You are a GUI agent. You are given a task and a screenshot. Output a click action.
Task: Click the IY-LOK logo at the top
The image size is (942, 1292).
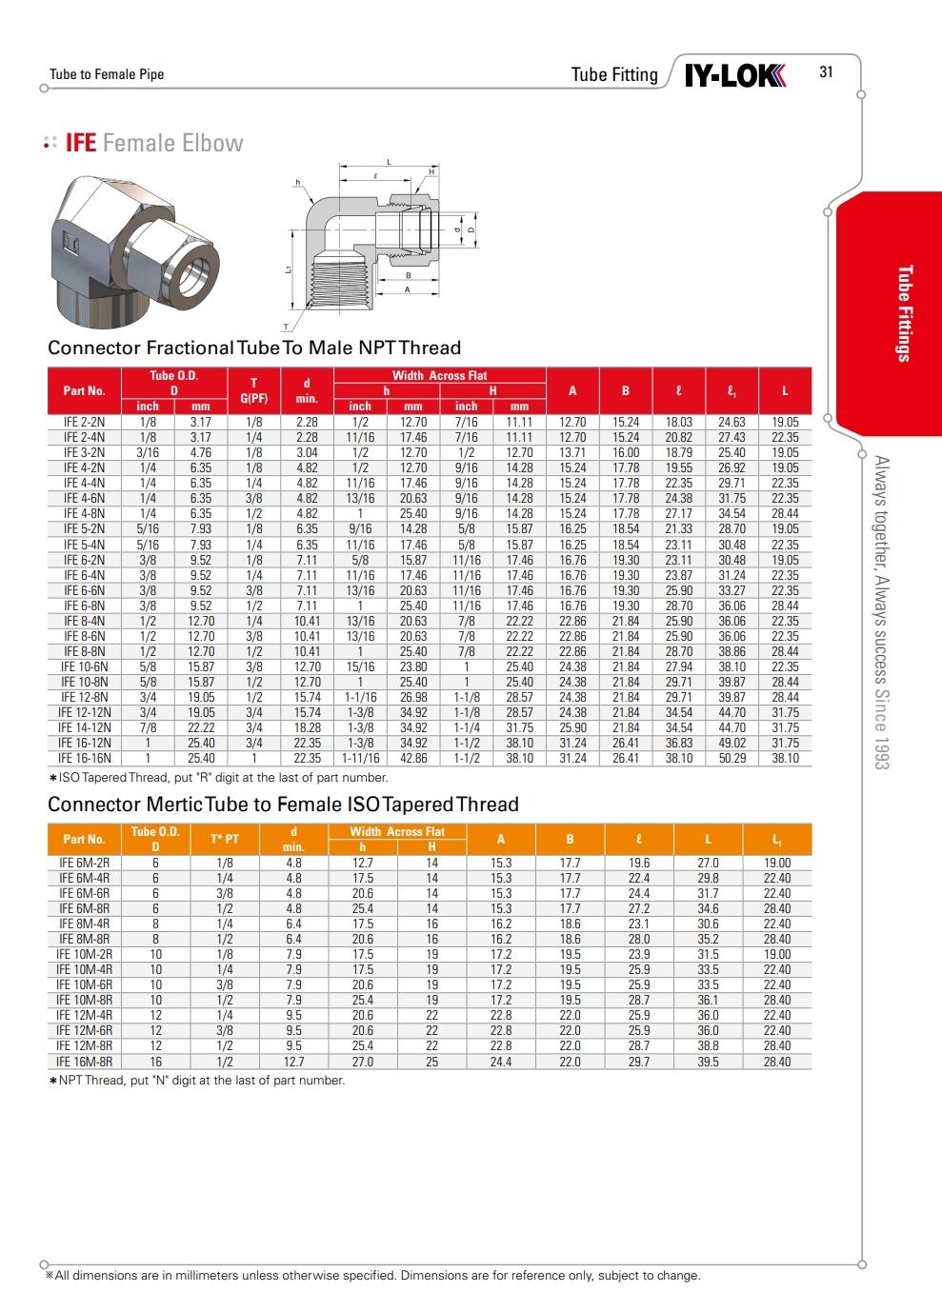coord(735,74)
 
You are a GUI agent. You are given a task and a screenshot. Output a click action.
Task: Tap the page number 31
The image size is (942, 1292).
coord(826,71)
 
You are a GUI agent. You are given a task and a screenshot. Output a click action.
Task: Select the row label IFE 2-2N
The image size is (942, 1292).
coord(85,422)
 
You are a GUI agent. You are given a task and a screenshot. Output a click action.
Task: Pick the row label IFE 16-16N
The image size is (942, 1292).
coord(85,759)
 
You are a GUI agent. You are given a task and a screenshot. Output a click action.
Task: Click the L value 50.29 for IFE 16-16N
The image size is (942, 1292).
coord(732,759)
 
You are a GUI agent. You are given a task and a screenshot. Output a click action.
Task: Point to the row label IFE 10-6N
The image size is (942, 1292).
coord(85,666)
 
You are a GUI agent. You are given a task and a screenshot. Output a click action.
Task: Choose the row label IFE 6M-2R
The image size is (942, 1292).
coord(85,863)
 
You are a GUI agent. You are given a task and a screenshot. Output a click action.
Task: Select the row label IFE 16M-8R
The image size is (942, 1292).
coord(85,1061)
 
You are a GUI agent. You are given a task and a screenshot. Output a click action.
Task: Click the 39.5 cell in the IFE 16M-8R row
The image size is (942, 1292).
coord(708,1061)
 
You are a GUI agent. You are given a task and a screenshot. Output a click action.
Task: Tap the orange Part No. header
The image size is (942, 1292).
coord(84,839)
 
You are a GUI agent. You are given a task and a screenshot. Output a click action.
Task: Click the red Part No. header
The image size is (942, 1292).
coord(84,390)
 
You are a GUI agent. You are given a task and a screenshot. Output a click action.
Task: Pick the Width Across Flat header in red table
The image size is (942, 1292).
coord(439,375)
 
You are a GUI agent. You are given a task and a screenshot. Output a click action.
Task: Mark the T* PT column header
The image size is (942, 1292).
coord(225,839)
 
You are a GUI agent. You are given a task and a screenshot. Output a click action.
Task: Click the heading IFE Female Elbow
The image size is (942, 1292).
coord(153,143)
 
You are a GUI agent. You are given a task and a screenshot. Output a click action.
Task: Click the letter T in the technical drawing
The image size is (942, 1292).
coord(285,327)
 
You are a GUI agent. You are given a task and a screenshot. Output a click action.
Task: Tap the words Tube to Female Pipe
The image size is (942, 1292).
coord(107,74)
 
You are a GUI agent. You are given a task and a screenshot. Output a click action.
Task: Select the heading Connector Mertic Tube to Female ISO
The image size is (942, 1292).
coord(283,805)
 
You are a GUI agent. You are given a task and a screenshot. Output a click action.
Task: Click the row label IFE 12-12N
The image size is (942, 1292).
coord(85,712)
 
